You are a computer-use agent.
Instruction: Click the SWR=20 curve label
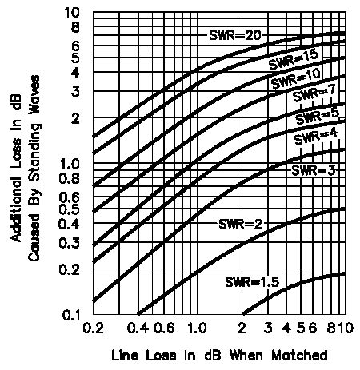click(234, 35)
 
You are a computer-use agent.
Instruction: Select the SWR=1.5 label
click(251, 281)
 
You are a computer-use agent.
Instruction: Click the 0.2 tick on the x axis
click(93, 328)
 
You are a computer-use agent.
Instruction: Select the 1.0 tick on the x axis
click(196, 328)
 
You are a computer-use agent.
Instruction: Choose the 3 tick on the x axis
click(268, 328)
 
